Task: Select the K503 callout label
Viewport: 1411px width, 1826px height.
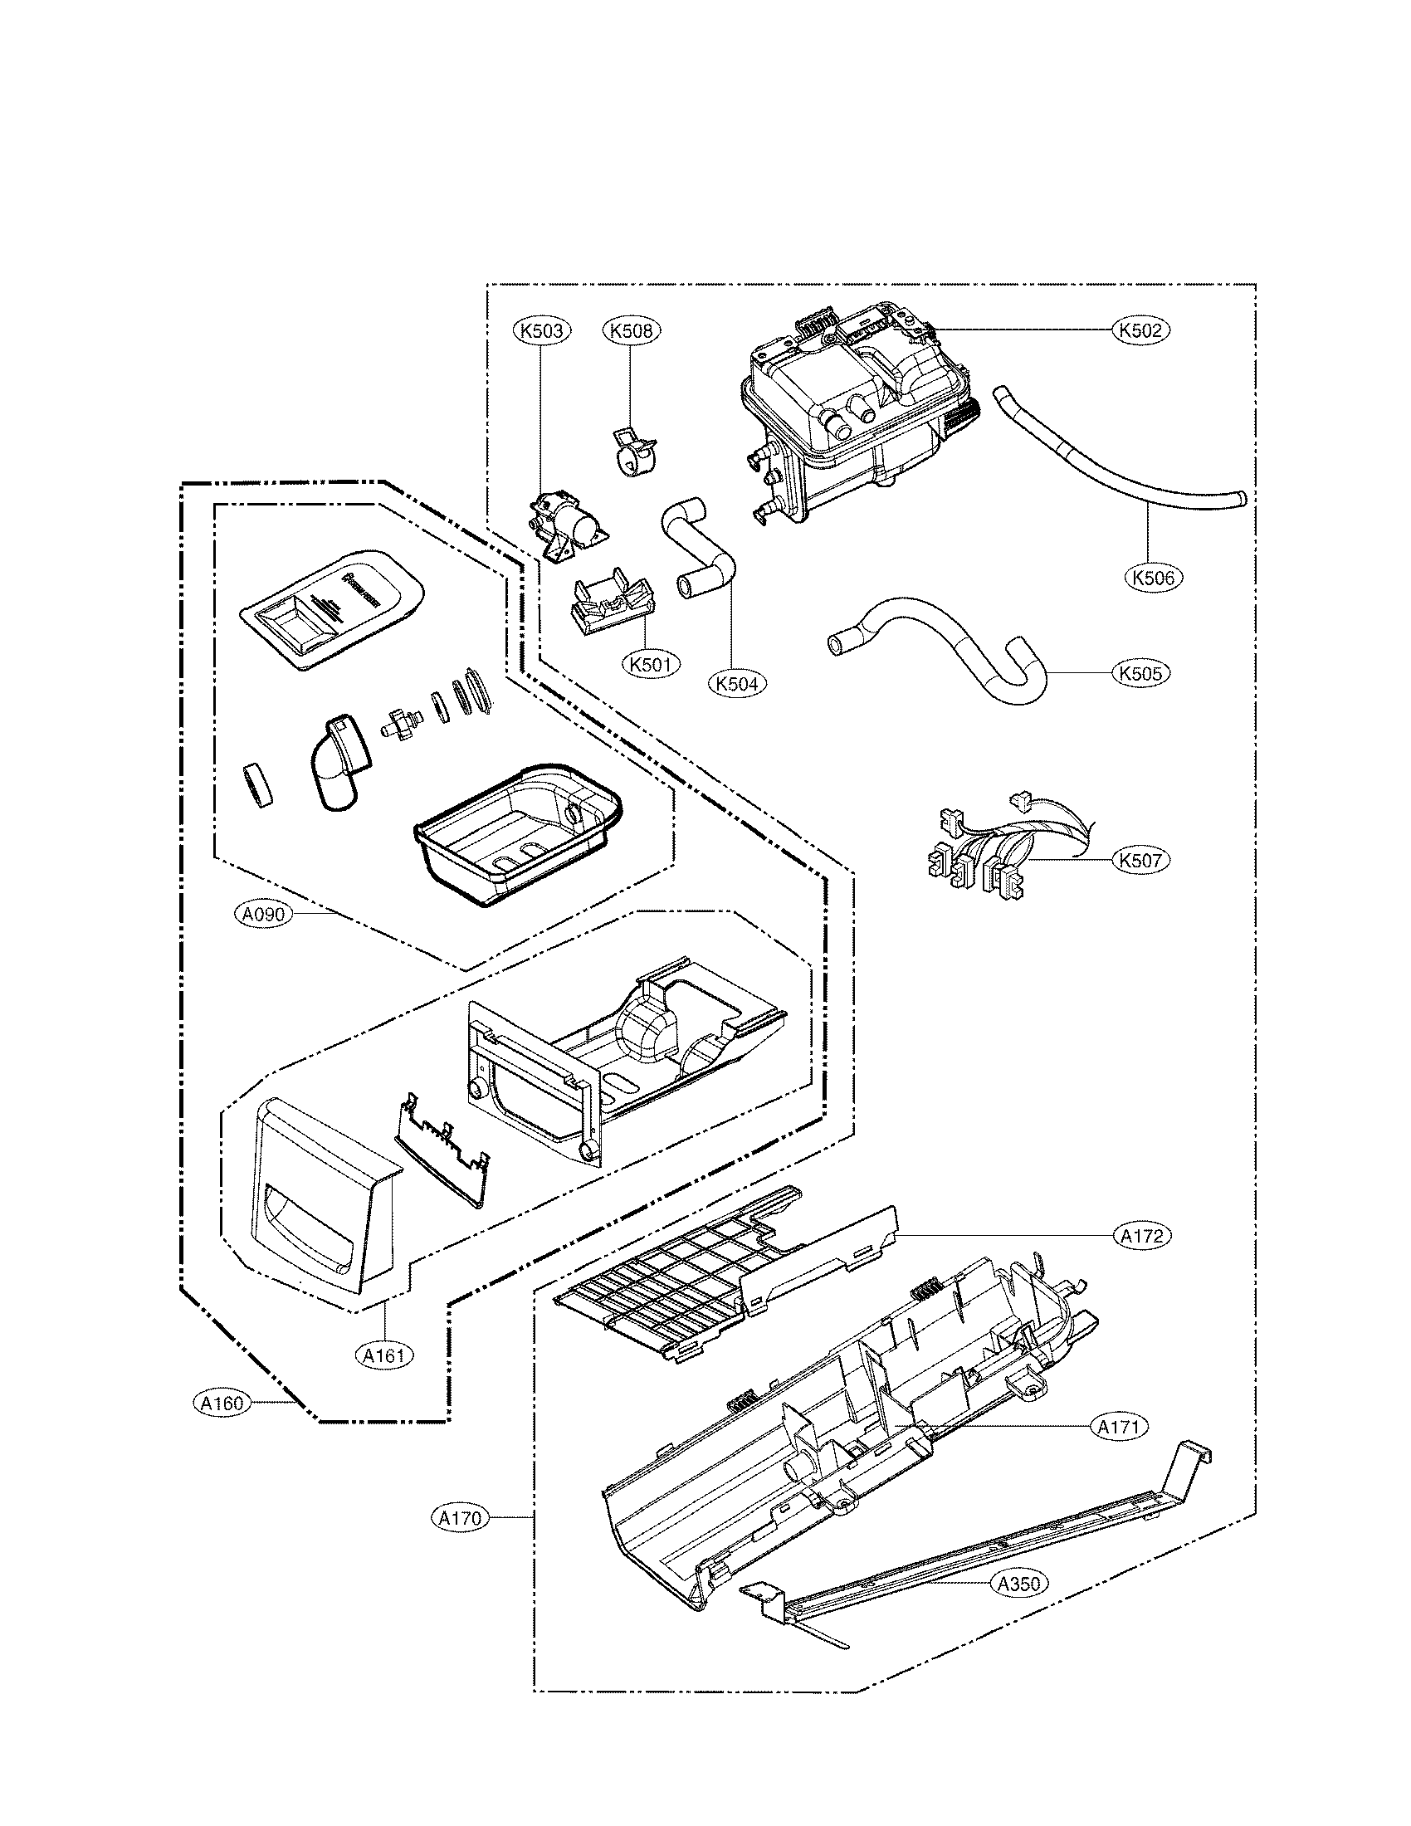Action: [541, 331]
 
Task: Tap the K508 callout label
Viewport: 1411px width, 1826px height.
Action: [631, 331]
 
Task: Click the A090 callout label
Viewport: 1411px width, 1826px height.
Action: [264, 915]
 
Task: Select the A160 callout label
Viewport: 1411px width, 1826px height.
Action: [222, 1403]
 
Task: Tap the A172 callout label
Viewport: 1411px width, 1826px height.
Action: [1142, 1236]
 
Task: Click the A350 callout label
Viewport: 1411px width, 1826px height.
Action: [1019, 1583]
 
